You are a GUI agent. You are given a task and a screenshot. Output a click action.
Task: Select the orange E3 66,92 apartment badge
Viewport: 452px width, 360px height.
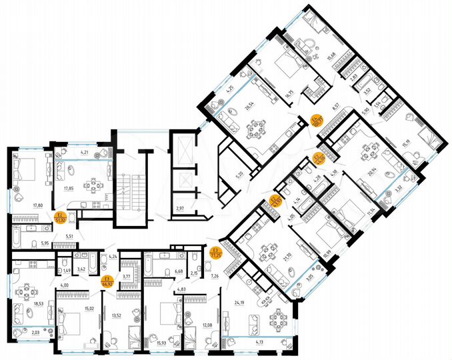(x=106, y=281)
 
